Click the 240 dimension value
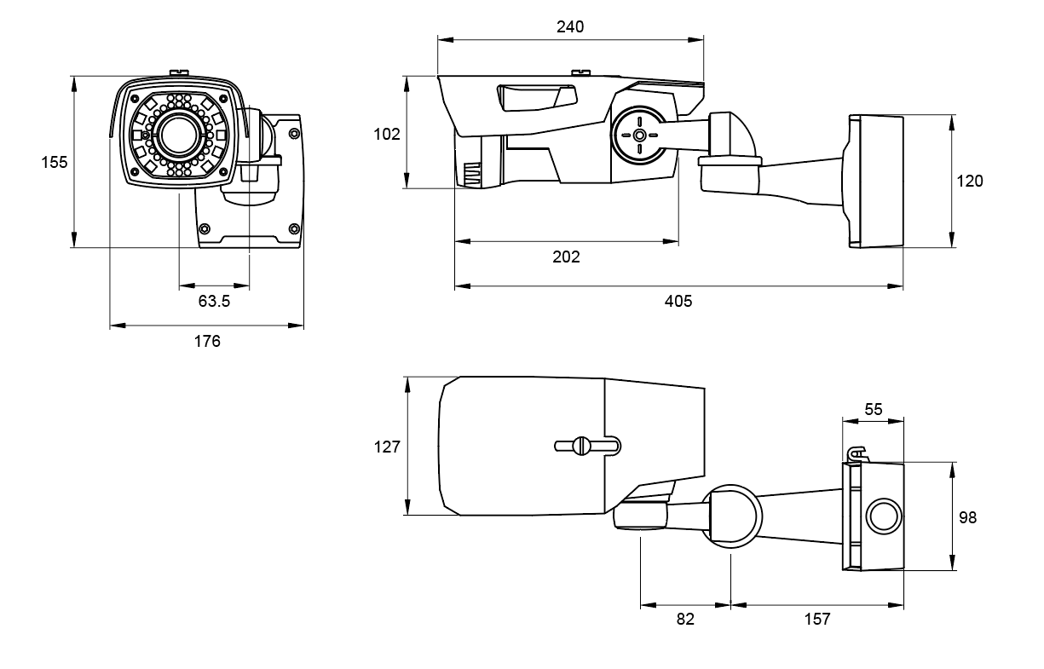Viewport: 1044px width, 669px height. (570, 27)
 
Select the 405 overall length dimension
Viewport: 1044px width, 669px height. (678, 301)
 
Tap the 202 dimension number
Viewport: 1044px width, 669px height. (566, 257)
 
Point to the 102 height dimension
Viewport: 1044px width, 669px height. (387, 135)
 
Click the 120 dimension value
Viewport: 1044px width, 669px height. (970, 181)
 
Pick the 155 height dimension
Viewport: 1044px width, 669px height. (55, 162)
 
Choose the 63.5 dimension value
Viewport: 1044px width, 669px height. (214, 301)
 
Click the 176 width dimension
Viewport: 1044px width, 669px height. (207, 341)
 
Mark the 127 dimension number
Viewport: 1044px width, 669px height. (387, 447)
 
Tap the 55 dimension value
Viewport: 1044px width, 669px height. (874, 409)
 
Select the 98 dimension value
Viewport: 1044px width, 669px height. (967, 517)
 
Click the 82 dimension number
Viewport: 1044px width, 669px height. (685, 619)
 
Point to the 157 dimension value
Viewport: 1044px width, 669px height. (817, 619)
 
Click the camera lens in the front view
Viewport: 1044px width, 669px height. (178, 135)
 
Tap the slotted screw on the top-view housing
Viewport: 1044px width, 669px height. (581, 446)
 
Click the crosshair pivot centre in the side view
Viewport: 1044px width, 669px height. (639, 136)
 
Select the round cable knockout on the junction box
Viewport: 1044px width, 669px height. (884, 516)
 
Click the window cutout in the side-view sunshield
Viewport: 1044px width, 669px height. (538, 98)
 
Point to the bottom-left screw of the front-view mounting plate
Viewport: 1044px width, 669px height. (205, 229)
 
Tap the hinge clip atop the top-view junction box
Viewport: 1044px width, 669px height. (857, 454)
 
